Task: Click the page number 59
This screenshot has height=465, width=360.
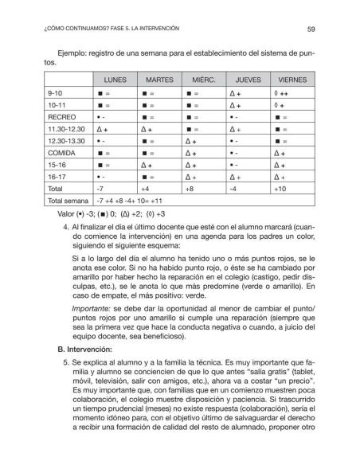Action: click(x=311, y=29)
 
